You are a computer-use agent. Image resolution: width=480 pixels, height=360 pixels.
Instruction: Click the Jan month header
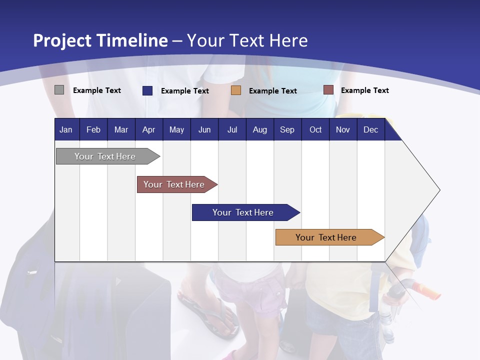pyautogui.click(x=66, y=130)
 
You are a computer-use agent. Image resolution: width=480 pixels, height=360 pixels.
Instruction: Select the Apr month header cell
pyautogui.click(x=148, y=130)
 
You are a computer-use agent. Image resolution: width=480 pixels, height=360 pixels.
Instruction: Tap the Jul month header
pyautogui.click(x=232, y=130)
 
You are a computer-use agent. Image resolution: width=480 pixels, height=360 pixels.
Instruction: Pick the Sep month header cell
pyautogui.click(x=287, y=130)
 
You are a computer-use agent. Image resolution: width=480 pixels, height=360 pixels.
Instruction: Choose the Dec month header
pyautogui.click(x=370, y=130)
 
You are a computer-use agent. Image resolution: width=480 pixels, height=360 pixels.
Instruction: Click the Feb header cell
pyautogui.click(x=93, y=130)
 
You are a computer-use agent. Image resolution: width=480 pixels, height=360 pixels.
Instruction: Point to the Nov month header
pyautogui.click(x=342, y=130)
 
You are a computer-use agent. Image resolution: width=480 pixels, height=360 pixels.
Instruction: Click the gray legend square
pyautogui.click(x=59, y=90)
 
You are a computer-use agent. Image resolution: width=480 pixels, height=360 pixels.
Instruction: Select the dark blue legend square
pyautogui.click(x=147, y=90)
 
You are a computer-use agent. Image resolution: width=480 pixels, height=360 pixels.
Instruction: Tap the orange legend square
pyautogui.click(x=236, y=90)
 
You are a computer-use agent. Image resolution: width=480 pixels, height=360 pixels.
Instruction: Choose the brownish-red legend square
pyautogui.click(x=328, y=90)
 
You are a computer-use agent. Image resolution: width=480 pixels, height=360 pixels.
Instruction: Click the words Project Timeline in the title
pyautogui.click(x=100, y=40)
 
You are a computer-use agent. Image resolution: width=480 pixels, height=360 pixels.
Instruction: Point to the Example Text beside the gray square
pyautogui.click(x=97, y=90)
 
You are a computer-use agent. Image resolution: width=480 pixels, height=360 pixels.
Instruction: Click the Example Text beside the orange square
pyautogui.click(x=273, y=91)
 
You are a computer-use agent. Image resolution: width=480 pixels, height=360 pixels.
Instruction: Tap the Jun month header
pyautogui.click(x=204, y=130)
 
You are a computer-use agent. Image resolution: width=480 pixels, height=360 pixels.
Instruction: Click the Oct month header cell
pyautogui.click(x=315, y=130)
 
